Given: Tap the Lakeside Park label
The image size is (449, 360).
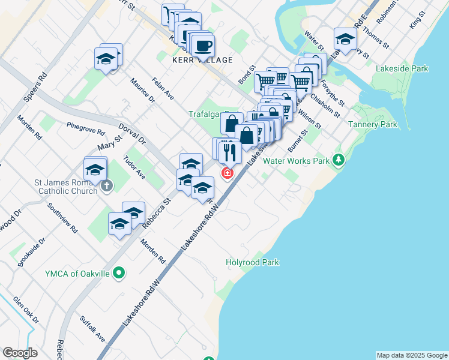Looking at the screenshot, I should coord(402,68).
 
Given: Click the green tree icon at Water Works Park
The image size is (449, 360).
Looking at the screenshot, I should coord(339,160).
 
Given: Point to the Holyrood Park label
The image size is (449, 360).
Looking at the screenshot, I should coord(252,262).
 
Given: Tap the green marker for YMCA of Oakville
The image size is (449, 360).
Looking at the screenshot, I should coord(119,274).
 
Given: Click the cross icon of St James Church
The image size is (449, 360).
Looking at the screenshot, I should coord(106,185).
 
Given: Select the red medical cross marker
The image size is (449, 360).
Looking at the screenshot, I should coord(228,173).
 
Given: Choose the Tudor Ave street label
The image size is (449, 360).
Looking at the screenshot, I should coord(134,168).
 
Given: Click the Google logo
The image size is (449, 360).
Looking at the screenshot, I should coord(20,352).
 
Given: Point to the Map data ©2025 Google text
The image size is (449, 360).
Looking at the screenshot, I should coord(412,355).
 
